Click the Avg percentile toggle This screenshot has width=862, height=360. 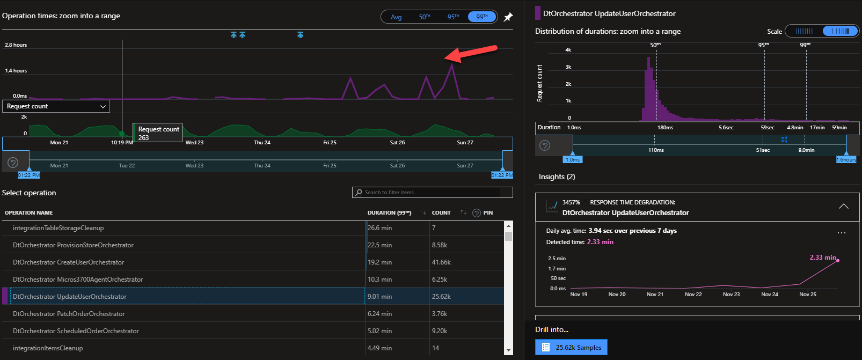point(396,17)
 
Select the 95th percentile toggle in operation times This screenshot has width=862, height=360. point(453,17)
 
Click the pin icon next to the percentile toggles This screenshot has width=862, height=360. point(508,17)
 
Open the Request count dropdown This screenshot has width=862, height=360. point(56,106)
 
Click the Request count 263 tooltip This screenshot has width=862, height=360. point(158,133)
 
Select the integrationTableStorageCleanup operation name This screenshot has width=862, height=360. point(58,228)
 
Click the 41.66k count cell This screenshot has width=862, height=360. point(441,262)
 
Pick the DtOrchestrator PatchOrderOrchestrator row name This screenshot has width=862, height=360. point(69,314)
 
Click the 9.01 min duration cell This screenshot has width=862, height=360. point(379,297)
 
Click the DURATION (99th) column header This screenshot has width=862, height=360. point(389,213)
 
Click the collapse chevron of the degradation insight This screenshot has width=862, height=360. point(844,207)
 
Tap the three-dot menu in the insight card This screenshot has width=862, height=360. point(841,233)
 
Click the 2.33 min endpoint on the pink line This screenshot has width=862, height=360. point(838,260)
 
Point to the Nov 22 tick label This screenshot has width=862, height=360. point(693,295)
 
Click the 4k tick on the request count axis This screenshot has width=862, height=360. point(568,50)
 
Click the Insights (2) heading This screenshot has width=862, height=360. point(557,177)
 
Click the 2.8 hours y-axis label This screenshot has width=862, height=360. point(16,45)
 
